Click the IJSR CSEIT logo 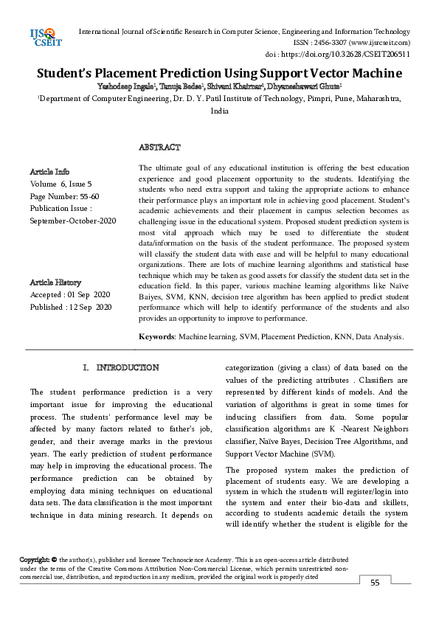pos(45,38)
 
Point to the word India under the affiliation pos(219,111)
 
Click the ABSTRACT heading pos(159,148)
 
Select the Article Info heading pos(50,171)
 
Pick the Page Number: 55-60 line pos(64,196)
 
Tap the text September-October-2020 pos(73,221)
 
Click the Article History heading pos(55,282)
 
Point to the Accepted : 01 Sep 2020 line pos(70,294)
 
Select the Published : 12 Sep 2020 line pos(71,307)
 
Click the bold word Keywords pos(157,336)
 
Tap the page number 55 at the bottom pos(375,583)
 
